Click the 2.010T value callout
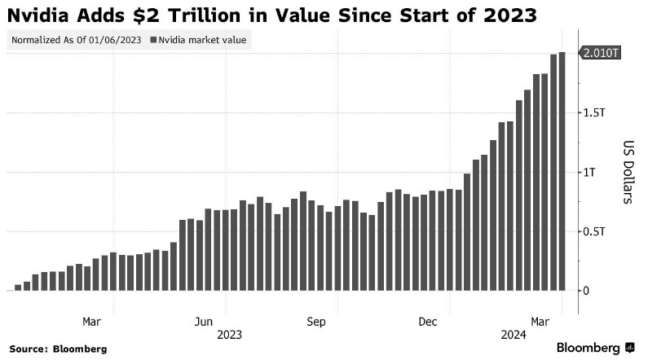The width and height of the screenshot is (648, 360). pos(602,53)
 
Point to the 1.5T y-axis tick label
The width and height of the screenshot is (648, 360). pos(595,112)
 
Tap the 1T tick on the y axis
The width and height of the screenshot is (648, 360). pos(590,172)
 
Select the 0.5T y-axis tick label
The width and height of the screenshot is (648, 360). pos(595,231)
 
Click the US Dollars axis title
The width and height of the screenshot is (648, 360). pos(626,172)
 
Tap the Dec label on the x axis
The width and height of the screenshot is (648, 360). pos(430,321)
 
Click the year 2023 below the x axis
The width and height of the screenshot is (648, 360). pos(229,335)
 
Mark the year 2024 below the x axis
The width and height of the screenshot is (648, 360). pos(513,335)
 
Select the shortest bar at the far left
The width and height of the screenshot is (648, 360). pos(18,287)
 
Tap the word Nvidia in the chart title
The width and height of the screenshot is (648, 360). pos(39,15)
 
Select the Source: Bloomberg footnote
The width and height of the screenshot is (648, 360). pos(60,349)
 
